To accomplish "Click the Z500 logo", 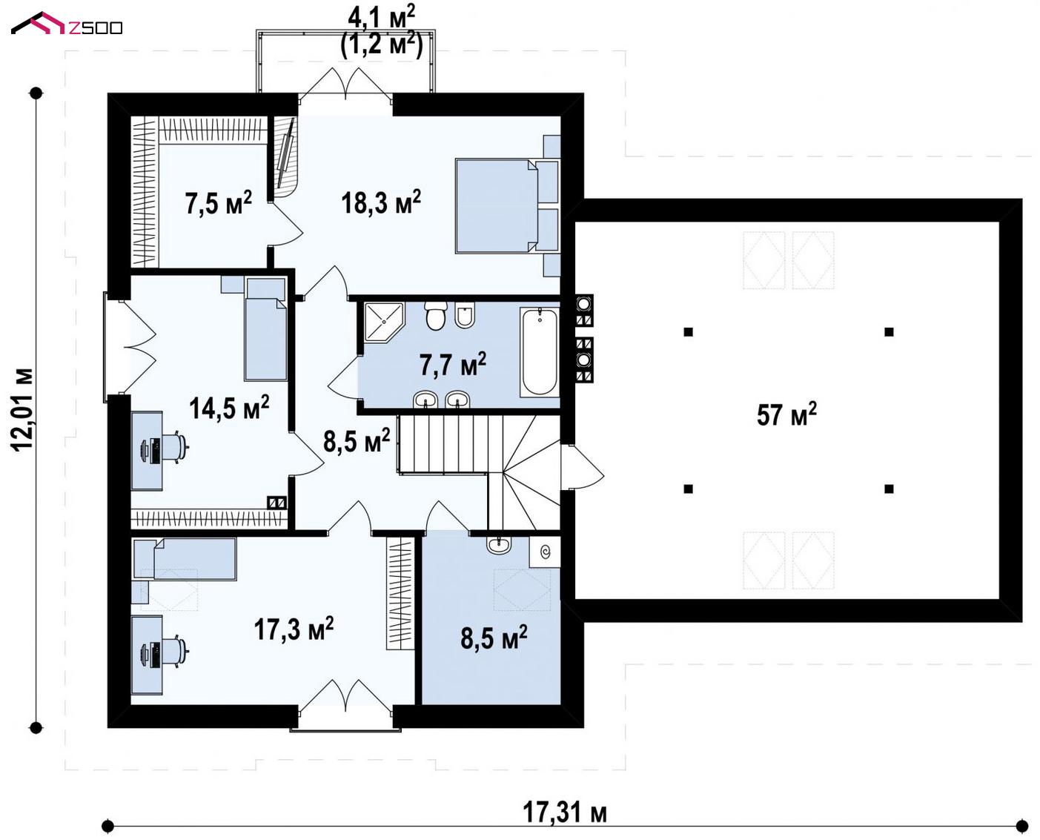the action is click(x=67, y=24).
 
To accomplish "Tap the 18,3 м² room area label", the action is click(x=381, y=202).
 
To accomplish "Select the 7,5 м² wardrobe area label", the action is click(x=218, y=203).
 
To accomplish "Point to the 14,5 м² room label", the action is click(x=229, y=407).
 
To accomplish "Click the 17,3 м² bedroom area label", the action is click(x=294, y=628).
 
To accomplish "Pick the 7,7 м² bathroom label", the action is click(x=453, y=364).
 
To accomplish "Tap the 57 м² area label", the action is click(x=786, y=414).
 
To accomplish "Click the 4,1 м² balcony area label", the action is click(x=381, y=19).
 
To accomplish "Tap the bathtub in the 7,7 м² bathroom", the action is click(x=539, y=351).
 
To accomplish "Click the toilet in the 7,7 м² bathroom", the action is click(x=435, y=315).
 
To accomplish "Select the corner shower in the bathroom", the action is click(x=384, y=320).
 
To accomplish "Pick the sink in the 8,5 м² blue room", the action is click(x=499, y=545).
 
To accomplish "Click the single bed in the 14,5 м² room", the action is click(x=265, y=330).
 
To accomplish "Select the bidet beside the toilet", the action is click(x=464, y=315).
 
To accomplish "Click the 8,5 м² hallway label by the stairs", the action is click(x=357, y=440).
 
